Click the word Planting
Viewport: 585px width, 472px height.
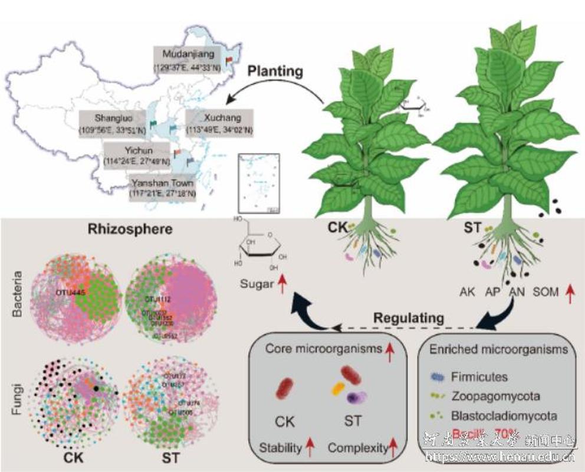coord(274,71)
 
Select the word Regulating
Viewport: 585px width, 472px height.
coord(408,318)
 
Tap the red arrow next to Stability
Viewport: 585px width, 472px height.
coord(308,448)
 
